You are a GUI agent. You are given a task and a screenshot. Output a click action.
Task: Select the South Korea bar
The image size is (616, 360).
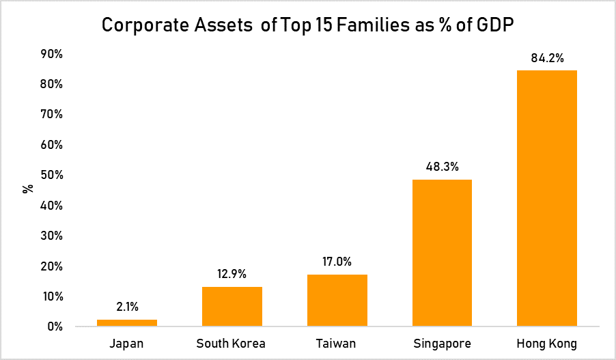(232, 306)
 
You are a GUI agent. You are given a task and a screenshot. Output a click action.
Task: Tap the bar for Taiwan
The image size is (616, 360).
(337, 301)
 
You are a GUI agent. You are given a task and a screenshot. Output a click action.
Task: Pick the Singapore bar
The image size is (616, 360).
(442, 253)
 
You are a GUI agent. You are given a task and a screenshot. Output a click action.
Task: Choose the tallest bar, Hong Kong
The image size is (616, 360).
(547, 198)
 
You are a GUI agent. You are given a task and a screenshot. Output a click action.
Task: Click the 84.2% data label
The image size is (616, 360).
(547, 58)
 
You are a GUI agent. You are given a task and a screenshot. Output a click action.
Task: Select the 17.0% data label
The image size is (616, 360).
(337, 262)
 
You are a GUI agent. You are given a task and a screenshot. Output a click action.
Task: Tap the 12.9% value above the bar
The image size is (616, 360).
(232, 274)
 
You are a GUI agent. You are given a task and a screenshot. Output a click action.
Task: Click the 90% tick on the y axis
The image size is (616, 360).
(52, 54)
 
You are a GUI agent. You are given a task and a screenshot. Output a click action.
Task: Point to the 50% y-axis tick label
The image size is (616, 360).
(52, 175)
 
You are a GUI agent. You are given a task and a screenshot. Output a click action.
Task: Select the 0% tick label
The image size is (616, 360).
(55, 327)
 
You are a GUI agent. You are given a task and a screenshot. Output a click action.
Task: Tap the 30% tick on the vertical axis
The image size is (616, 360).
(52, 236)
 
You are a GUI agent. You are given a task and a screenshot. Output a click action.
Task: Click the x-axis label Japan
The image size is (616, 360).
(127, 343)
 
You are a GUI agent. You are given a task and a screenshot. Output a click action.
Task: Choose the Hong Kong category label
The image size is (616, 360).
(547, 343)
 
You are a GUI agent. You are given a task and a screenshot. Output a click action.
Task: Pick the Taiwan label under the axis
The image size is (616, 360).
(337, 343)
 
